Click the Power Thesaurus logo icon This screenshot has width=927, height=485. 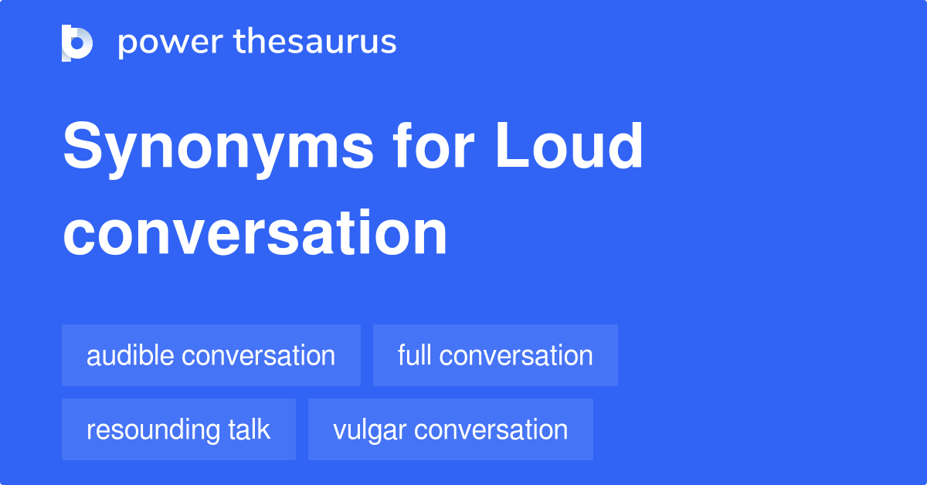coord(77,42)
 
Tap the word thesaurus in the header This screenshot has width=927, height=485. coord(316,42)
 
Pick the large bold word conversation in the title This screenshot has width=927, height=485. coord(255,233)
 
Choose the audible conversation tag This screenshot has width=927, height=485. coord(211,355)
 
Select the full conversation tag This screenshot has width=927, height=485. coord(495,355)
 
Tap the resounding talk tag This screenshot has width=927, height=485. coord(178,429)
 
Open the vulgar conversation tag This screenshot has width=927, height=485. coord(450,429)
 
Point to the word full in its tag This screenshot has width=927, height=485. coord(414,355)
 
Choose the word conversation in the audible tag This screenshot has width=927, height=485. coord(258,355)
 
